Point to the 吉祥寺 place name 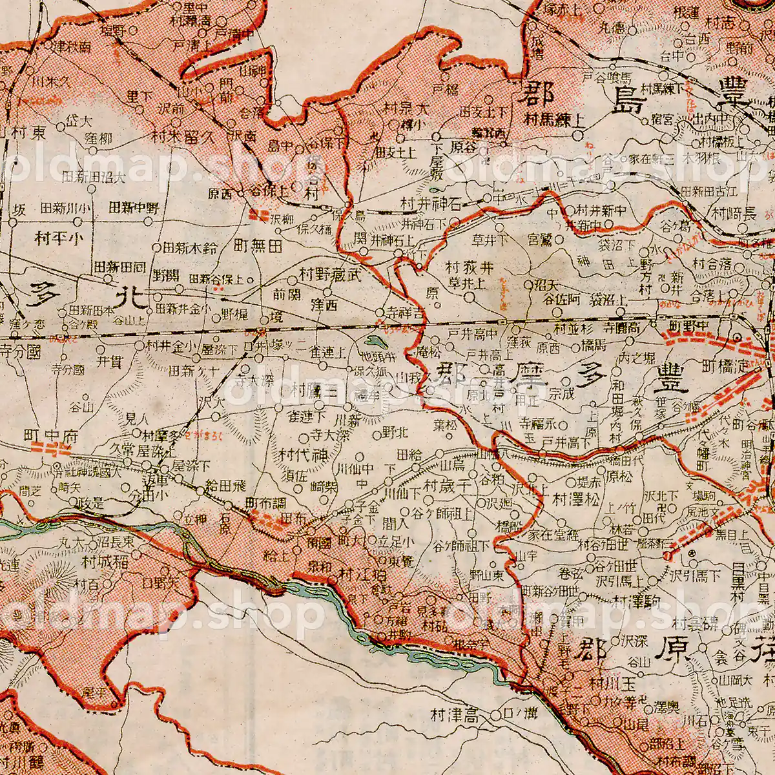[404, 312]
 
